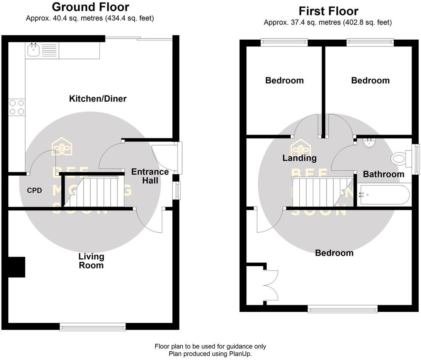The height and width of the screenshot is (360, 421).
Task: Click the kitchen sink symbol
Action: (34, 49)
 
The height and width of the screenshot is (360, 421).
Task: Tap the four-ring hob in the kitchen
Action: (16, 107)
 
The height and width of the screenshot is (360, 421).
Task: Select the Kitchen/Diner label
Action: (98, 99)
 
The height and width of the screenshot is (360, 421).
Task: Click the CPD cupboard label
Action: (34, 190)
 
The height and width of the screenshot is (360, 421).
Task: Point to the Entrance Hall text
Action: (150, 176)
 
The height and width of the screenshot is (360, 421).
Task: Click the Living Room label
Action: (91, 261)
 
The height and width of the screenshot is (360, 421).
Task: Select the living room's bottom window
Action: (93, 326)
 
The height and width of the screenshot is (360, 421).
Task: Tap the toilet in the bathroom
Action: (400, 158)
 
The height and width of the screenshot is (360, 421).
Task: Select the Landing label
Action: (299, 158)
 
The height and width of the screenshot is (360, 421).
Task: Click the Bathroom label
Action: (384, 174)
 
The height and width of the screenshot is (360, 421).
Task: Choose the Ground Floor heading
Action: (90, 7)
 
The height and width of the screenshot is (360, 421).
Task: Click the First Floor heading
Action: (328, 11)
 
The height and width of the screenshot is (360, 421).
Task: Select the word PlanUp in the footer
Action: (240, 354)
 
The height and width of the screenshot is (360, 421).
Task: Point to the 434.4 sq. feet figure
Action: (128, 18)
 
